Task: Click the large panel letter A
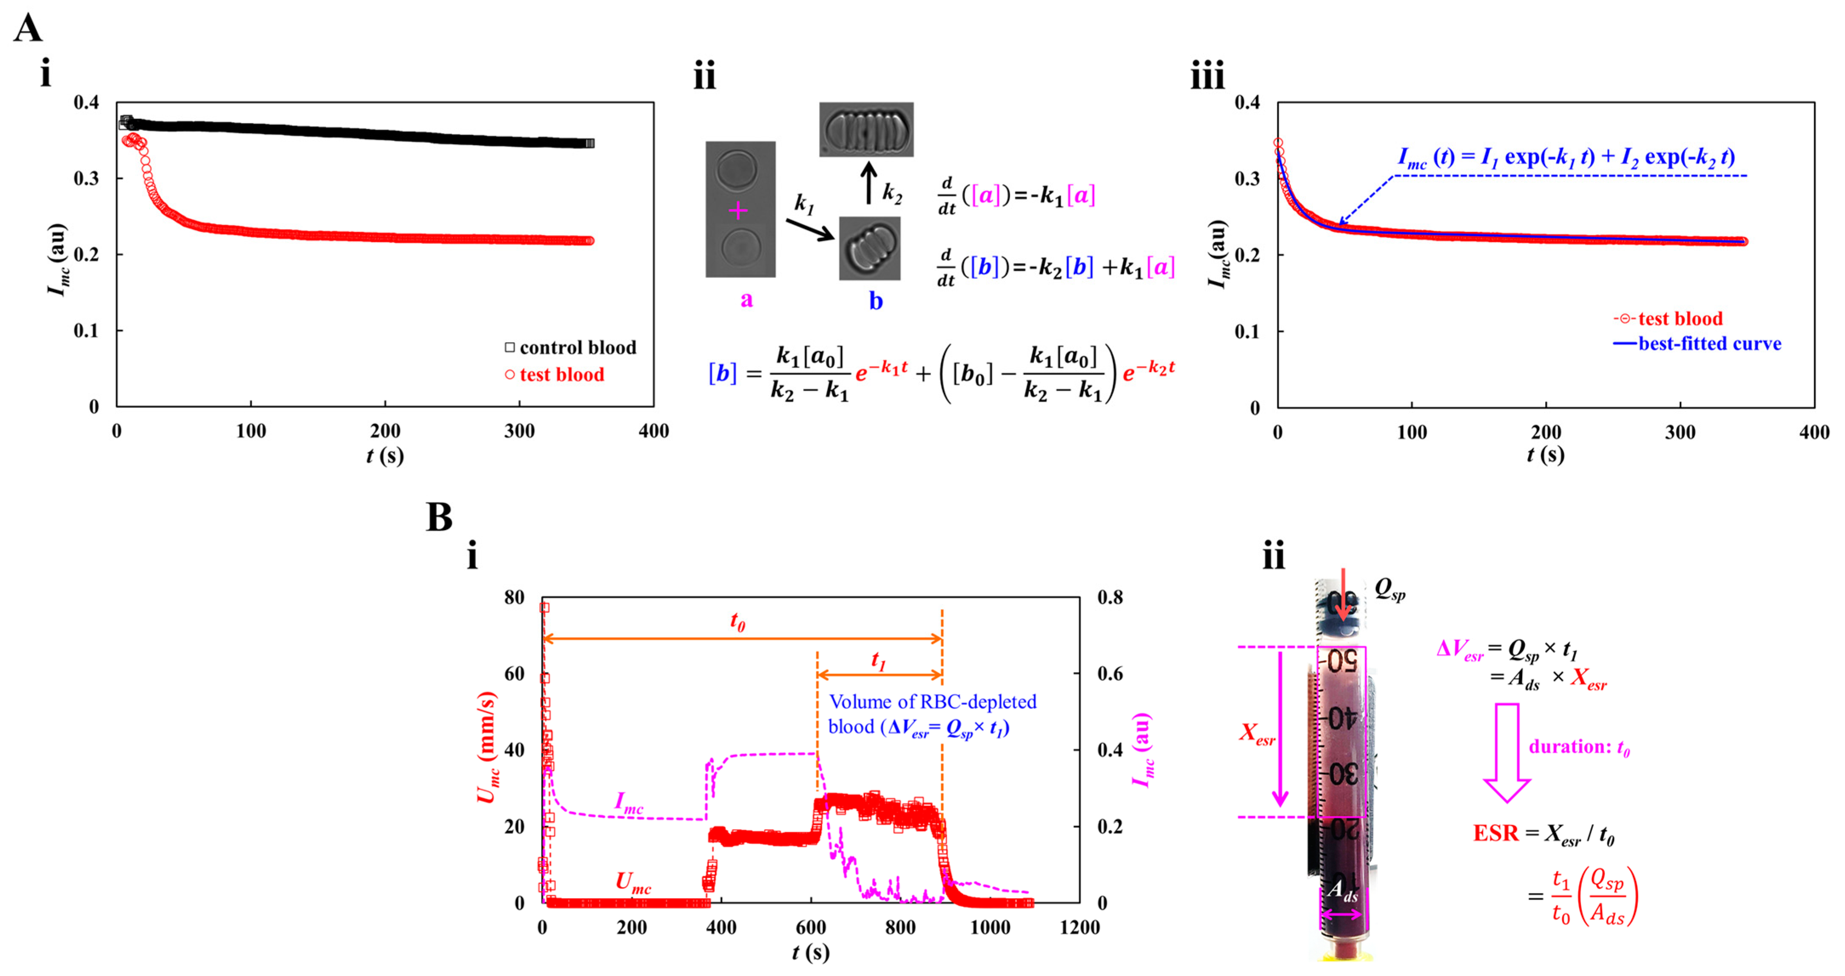pos(28,28)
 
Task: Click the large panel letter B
pos(439,516)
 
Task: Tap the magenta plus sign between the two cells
pos(738,210)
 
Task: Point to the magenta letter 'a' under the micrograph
pos(746,299)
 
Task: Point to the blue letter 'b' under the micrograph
pos(875,301)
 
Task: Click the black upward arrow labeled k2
pos(869,183)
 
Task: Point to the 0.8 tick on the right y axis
pos(1110,597)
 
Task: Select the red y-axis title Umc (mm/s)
pos(487,748)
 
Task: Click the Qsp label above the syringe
pos(1389,589)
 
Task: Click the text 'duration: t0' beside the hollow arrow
pos(1579,747)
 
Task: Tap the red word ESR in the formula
pos(1495,834)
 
